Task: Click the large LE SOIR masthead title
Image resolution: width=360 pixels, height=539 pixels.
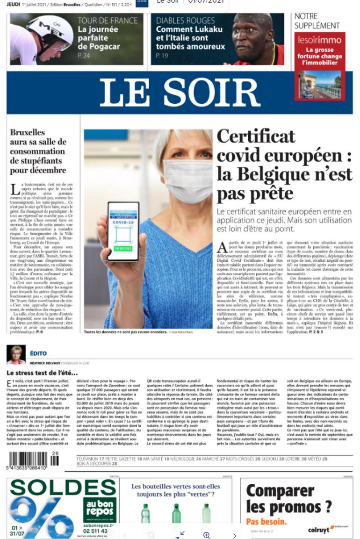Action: point(180,92)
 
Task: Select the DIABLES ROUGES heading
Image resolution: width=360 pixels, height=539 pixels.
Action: point(186,21)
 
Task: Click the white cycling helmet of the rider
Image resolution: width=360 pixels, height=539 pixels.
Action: point(49,30)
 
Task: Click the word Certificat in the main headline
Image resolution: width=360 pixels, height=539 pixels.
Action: point(256,136)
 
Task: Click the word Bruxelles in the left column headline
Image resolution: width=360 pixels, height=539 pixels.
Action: point(28,132)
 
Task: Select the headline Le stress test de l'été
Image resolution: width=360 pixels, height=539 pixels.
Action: point(42,373)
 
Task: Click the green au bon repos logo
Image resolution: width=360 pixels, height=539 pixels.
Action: point(100,509)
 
